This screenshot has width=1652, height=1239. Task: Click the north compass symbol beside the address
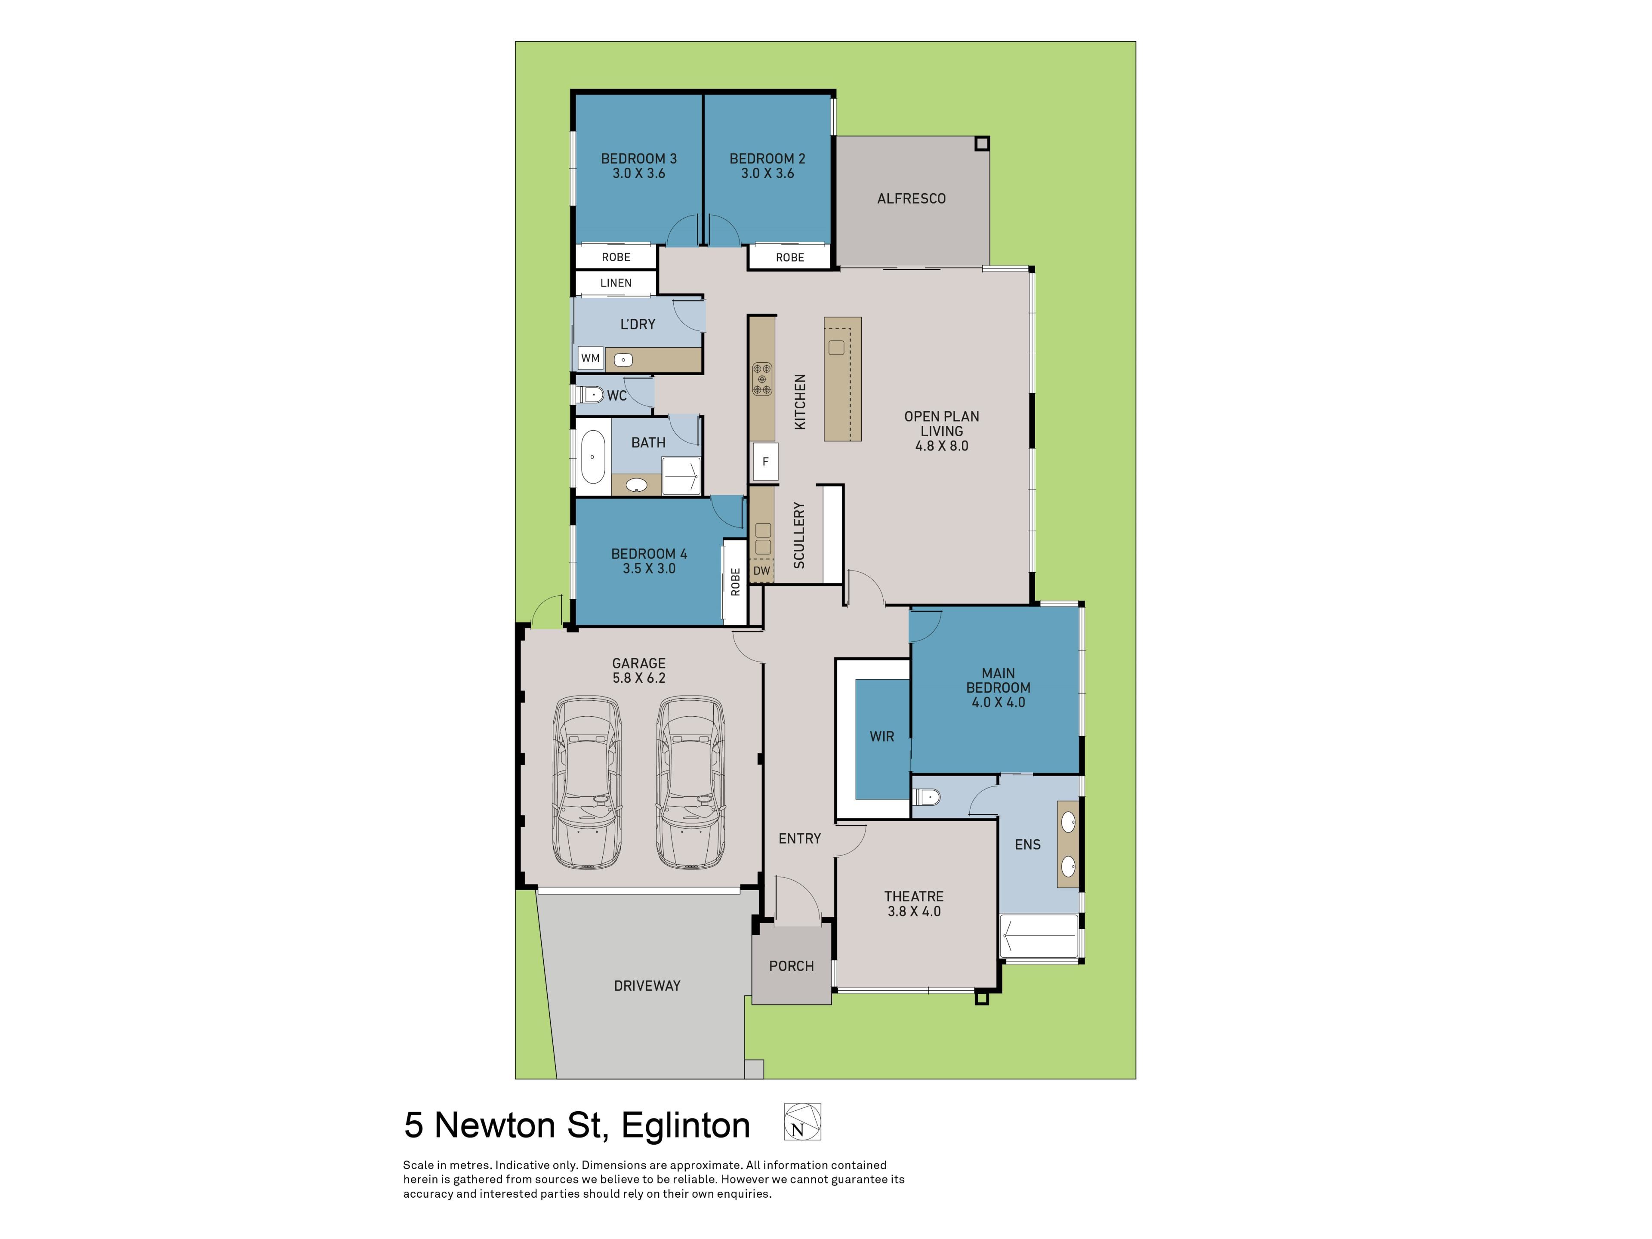(x=802, y=1122)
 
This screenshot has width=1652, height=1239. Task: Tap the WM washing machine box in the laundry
(x=590, y=358)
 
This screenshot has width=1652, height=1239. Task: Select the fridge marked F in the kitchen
(x=765, y=462)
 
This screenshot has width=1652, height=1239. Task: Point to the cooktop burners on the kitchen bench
(x=762, y=379)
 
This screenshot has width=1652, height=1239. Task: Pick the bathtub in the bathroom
(x=593, y=457)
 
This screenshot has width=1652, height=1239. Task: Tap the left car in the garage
(x=586, y=783)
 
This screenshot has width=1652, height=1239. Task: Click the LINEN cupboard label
(x=616, y=283)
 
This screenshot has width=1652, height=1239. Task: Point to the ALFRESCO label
(x=911, y=199)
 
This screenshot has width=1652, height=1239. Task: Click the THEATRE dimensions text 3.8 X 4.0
(x=914, y=911)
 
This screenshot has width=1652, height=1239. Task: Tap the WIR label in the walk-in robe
(x=882, y=737)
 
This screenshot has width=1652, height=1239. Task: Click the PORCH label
(x=792, y=966)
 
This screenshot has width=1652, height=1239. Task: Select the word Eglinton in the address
(x=686, y=1125)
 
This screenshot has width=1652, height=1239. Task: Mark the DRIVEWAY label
(x=647, y=986)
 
